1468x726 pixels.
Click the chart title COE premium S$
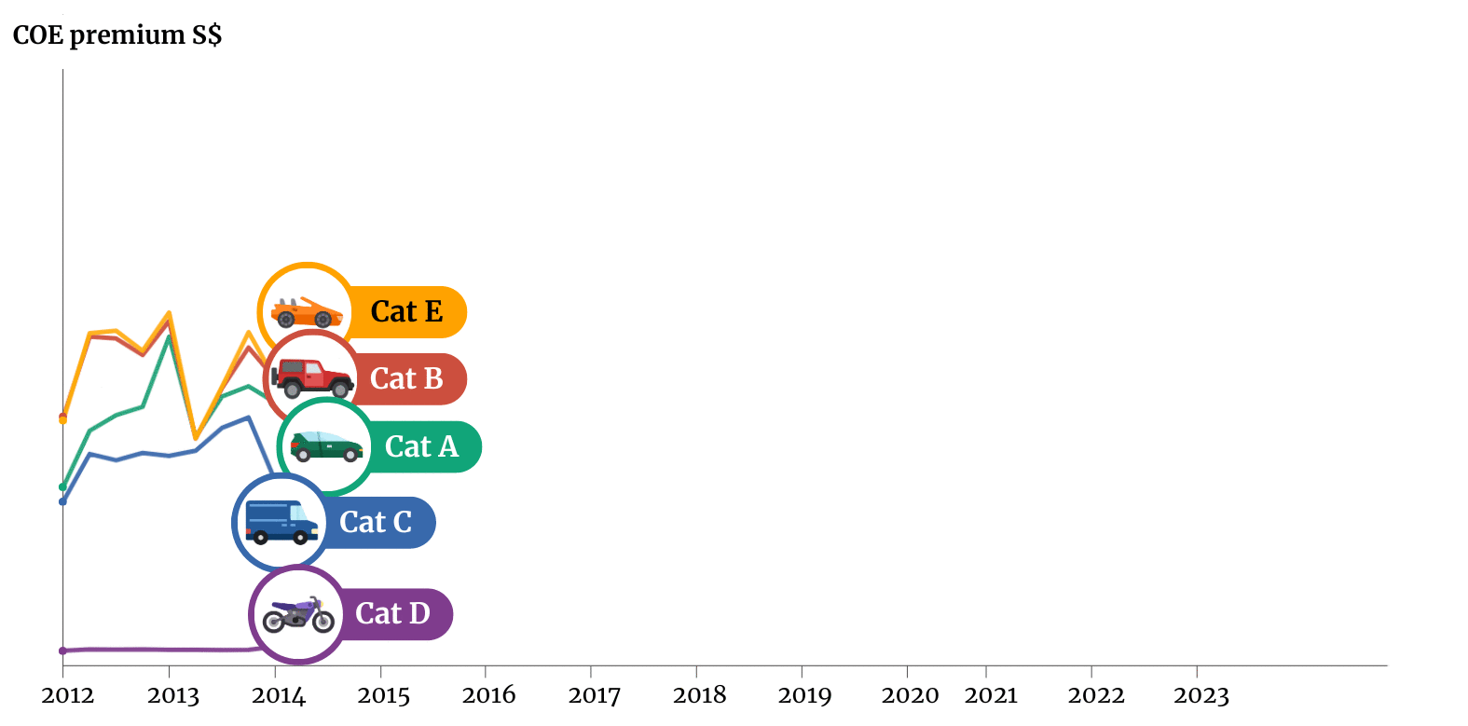(x=117, y=35)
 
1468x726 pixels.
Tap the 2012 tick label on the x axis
(x=67, y=695)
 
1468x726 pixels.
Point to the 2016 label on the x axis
(x=488, y=695)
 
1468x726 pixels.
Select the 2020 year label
(x=910, y=695)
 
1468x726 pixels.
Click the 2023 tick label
(x=1200, y=695)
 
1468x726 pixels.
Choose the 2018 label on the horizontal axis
(x=699, y=695)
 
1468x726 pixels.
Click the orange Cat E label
(x=406, y=311)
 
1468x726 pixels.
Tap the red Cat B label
(x=406, y=378)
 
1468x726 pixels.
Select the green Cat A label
(x=421, y=446)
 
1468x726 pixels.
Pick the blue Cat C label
(x=376, y=522)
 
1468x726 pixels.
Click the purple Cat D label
(x=392, y=613)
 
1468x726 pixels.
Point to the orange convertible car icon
(x=306, y=312)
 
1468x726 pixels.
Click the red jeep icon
(x=312, y=377)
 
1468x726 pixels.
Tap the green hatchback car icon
(x=326, y=446)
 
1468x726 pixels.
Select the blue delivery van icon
(x=281, y=523)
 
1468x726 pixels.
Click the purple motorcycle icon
(x=298, y=615)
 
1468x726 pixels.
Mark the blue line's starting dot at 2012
(x=62, y=501)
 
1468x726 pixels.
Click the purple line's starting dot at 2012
(x=62, y=651)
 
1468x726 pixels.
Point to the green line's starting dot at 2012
(x=62, y=486)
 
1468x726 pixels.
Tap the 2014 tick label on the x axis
(x=278, y=695)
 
